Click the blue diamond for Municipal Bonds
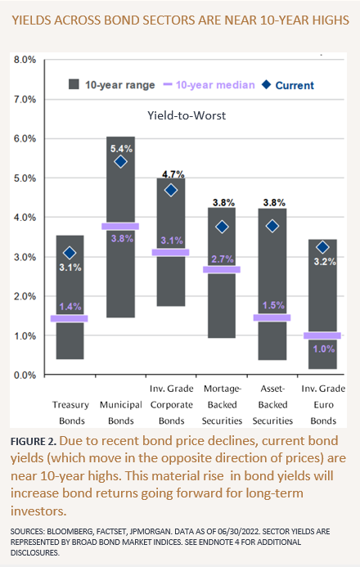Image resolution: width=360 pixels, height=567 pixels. click(121, 161)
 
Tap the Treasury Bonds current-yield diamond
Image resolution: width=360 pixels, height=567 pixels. click(70, 253)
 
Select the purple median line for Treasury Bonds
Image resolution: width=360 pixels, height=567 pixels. click(69, 318)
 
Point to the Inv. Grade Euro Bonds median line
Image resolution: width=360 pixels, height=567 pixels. click(322, 335)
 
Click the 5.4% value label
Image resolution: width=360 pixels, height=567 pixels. click(121, 149)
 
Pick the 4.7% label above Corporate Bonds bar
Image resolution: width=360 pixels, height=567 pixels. click(173, 174)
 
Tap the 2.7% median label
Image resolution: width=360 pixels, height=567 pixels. click(223, 259)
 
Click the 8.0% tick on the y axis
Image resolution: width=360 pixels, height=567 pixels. click(25, 60)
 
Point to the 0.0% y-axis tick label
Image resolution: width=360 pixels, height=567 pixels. click(25, 376)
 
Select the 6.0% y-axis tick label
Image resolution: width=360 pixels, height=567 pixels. click(25, 138)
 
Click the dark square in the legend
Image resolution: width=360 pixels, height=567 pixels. click(74, 84)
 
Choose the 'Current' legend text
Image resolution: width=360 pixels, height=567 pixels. click(295, 85)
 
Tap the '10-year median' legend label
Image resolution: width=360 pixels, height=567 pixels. click(215, 85)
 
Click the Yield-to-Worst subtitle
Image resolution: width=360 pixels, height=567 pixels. click(187, 115)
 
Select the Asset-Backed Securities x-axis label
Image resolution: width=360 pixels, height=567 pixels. click(272, 405)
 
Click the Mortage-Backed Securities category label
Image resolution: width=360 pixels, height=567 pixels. click(222, 405)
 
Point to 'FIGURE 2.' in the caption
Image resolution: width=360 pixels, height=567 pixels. click(34, 441)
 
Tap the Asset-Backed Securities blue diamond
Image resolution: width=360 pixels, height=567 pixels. click(272, 226)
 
